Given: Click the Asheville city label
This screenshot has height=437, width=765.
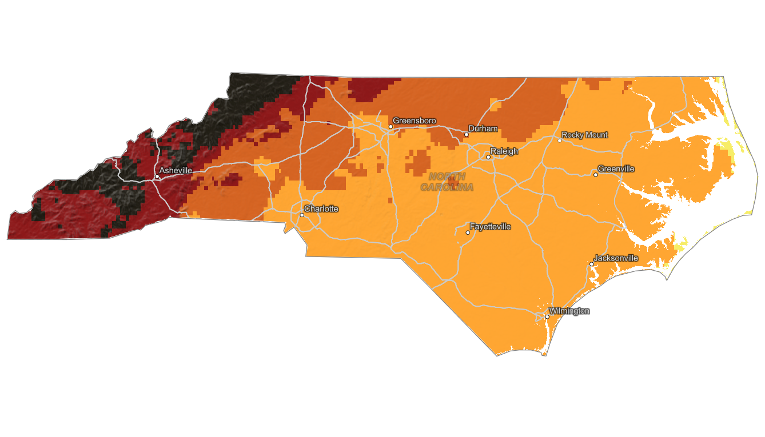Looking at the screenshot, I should pos(176,170).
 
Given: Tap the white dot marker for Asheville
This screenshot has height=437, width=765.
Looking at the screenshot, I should pos(157,177).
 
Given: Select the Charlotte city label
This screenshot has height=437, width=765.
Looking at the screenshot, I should pos(321,209).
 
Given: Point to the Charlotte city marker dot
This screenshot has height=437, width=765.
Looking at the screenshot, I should pos(302,215).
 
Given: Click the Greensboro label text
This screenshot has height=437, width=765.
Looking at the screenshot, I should pos(414,121).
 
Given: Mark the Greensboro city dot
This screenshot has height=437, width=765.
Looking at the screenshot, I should pos(391,127).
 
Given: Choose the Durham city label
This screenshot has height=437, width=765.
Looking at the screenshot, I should pos(483,129).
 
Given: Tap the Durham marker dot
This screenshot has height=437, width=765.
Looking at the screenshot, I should pos(467,135).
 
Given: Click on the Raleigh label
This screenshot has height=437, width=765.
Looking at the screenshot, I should pos(504,151).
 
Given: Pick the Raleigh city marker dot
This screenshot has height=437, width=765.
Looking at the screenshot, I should pos(488,157).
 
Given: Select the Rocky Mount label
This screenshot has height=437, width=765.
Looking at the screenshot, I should pos(584,135).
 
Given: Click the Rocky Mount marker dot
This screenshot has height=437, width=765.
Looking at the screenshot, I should pos(560,141).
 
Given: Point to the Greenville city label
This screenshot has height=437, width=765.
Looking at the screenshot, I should pos(616,169).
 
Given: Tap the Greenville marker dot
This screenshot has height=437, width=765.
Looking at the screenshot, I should pos(596,175).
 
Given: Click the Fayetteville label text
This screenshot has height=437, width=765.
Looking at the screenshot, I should pos(490,227).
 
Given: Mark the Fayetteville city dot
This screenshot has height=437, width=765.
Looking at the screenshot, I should pos(468,232).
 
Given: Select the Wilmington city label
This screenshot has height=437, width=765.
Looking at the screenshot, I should pos(569,311).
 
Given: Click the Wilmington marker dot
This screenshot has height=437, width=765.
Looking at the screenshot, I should pos(547,316).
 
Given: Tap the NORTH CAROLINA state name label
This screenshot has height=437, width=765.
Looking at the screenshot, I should pos(447,182).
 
